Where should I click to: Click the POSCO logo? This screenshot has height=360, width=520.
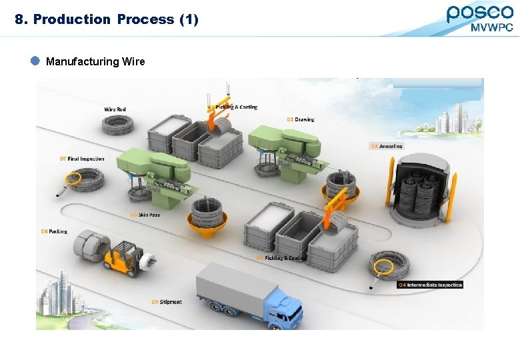(x=479, y=13)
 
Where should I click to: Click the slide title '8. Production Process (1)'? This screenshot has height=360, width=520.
(x=107, y=19)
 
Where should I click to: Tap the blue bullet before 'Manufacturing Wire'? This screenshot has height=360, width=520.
(x=36, y=61)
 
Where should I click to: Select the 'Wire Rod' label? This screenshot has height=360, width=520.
(x=115, y=109)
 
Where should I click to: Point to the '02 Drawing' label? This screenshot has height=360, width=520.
(x=301, y=119)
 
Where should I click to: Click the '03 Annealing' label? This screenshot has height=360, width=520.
(x=386, y=146)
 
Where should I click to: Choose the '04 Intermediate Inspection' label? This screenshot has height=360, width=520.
(x=430, y=285)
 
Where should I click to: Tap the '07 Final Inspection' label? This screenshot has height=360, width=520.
(x=81, y=159)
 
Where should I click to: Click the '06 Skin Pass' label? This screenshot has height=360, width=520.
(x=145, y=215)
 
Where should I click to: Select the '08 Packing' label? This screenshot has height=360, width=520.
(x=54, y=231)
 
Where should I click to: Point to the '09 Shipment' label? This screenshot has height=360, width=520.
(x=166, y=302)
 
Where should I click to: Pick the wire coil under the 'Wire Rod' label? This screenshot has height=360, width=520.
(x=117, y=125)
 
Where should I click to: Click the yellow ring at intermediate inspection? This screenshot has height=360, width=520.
(x=383, y=267)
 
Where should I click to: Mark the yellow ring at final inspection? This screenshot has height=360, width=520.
(x=72, y=179)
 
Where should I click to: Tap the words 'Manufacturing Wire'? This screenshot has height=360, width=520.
(x=95, y=61)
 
